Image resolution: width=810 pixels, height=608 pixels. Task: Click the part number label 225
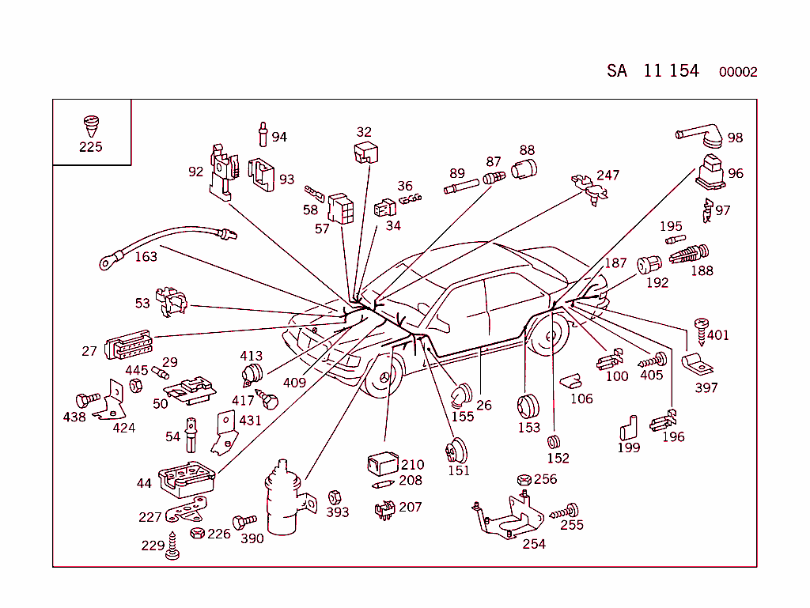(90, 147)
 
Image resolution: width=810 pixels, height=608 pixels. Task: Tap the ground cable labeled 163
(166, 236)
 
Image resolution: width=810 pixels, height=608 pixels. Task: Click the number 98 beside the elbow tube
(735, 138)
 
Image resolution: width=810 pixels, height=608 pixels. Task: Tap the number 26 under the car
(484, 406)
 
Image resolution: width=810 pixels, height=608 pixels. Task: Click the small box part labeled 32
(364, 153)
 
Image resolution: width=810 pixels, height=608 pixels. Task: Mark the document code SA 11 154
(653, 71)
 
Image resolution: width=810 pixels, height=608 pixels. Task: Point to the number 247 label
(607, 176)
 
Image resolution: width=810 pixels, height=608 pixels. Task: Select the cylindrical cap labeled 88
(524, 168)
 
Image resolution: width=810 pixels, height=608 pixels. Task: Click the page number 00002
(737, 73)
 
